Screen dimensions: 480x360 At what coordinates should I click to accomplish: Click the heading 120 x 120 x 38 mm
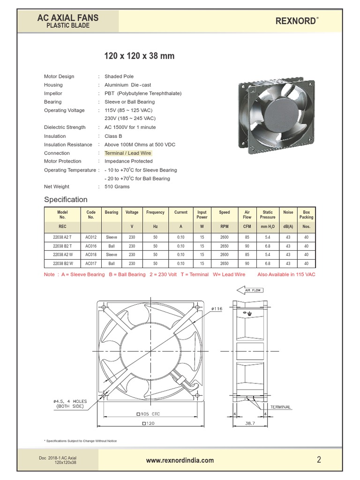click(x=139, y=56)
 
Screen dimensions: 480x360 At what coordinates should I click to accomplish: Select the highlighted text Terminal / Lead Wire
click(x=128, y=153)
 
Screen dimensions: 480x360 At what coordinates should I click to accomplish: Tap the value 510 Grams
click(x=117, y=187)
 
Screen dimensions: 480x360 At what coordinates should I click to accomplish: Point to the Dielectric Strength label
click(x=65, y=127)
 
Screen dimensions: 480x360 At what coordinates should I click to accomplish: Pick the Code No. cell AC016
click(x=91, y=246)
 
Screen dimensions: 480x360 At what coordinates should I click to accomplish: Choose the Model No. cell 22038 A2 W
click(x=62, y=255)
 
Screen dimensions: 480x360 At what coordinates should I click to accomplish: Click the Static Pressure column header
click(x=268, y=215)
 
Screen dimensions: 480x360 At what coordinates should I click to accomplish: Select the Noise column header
click(x=288, y=212)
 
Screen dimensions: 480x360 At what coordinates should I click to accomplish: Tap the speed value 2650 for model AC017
click(x=225, y=263)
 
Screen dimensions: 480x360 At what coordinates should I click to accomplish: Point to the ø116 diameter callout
click(x=217, y=308)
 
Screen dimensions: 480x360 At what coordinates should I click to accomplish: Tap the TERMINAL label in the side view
click(x=280, y=407)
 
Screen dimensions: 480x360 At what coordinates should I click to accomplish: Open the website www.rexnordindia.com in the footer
click(x=180, y=460)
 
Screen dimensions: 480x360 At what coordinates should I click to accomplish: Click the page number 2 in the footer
click(x=319, y=460)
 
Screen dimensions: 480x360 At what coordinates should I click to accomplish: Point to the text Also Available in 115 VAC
click(x=286, y=274)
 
